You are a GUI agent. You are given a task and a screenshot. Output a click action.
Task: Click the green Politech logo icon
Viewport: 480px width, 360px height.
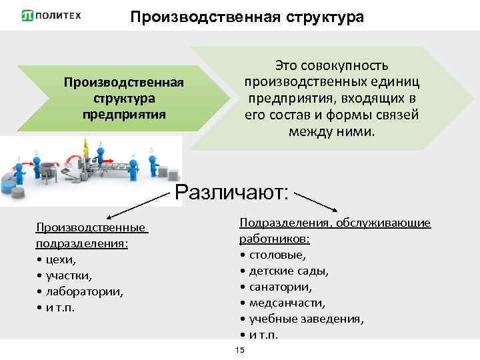click(29, 15)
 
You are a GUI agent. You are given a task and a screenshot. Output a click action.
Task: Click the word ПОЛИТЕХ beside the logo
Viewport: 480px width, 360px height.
click(61, 15)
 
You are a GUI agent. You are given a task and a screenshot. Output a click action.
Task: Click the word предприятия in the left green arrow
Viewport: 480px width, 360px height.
click(123, 113)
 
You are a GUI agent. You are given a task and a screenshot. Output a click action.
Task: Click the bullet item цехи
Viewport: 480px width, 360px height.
click(61, 259)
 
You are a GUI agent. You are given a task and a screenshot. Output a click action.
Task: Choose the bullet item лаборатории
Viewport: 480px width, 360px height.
click(84, 291)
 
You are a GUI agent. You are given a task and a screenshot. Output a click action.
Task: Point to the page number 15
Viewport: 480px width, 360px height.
click(240, 351)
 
